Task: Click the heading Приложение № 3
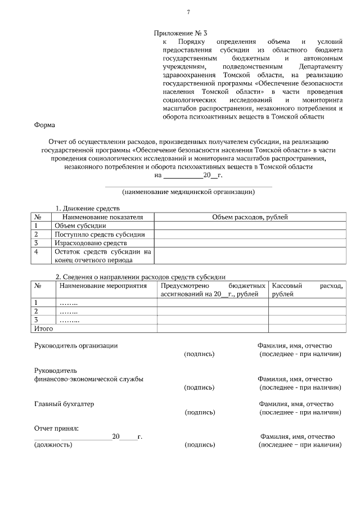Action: click(x=184, y=33)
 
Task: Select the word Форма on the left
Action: click(x=44, y=125)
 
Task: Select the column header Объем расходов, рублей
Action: click(x=250, y=217)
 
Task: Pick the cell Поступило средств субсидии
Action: click(x=100, y=234)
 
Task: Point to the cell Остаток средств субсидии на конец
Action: click(x=103, y=256)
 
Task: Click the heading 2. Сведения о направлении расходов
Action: click(x=140, y=277)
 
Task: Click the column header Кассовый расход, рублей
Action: click(x=307, y=289)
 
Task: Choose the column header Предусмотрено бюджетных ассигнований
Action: click(x=212, y=289)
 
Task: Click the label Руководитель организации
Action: click(x=76, y=345)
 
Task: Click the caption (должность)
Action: click(x=53, y=444)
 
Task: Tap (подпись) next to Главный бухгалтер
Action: click(x=200, y=412)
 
